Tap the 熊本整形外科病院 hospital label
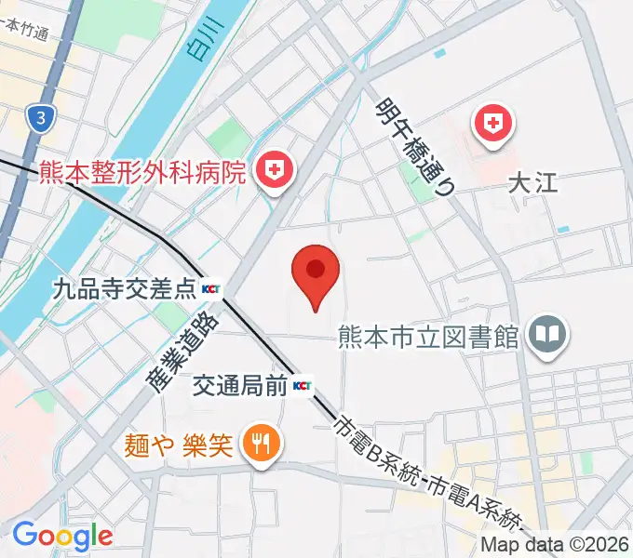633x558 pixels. click(142, 173)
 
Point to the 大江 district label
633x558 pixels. click(532, 181)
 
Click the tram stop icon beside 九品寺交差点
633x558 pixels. click(212, 290)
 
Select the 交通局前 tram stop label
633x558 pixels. click(240, 385)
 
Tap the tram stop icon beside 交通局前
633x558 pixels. click(303, 385)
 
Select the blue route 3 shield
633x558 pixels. click(40, 118)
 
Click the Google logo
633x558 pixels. click(62, 536)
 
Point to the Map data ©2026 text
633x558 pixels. click(555, 545)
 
